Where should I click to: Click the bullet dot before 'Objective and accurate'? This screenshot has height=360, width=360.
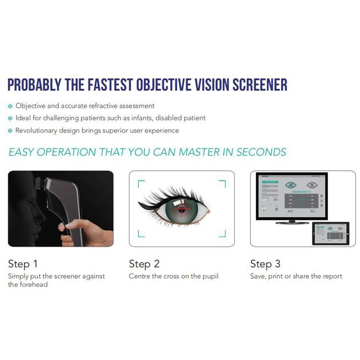click(x=10, y=106)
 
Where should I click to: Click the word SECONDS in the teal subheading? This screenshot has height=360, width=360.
click(x=261, y=152)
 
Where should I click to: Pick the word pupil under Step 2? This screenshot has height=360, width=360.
click(x=208, y=277)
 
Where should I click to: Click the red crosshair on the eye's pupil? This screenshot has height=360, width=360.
click(x=182, y=209)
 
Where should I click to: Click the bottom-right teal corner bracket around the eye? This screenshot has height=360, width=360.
click(x=222, y=234)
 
